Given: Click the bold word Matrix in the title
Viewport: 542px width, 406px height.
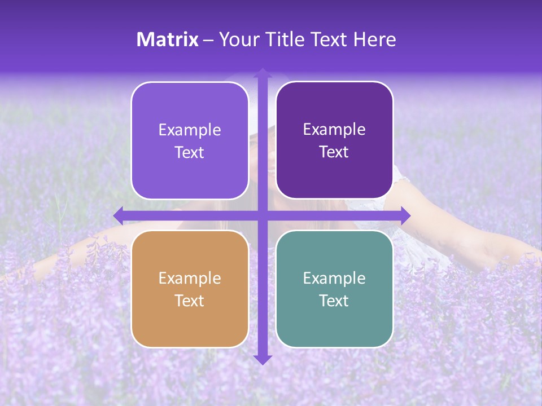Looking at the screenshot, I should (x=168, y=39).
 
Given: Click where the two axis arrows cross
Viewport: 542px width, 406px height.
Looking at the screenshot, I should (x=263, y=215).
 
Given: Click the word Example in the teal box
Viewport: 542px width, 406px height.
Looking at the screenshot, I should (x=334, y=278).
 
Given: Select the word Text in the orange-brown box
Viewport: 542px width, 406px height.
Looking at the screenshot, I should (x=190, y=301).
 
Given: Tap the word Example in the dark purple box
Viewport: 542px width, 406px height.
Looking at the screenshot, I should (x=334, y=130).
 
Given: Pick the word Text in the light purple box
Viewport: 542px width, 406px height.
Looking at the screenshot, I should (x=190, y=153).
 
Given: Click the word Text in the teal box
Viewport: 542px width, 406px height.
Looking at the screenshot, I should (x=334, y=301).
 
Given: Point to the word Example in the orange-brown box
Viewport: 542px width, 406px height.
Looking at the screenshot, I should (x=190, y=278).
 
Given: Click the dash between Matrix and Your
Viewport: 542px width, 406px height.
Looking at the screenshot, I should (x=209, y=40).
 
